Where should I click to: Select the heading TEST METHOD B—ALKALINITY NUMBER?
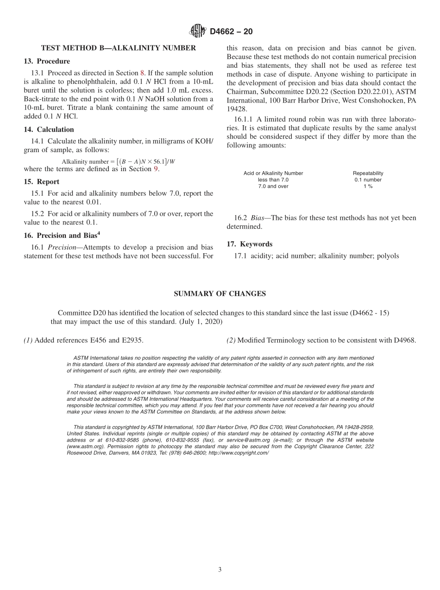pos(119,48)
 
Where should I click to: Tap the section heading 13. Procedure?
pos(47,61)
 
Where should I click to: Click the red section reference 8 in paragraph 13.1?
pos(142,73)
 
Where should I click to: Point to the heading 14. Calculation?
pos(49,129)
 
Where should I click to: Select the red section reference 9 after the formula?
pos(156,169)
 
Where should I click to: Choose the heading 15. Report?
pos(42,182)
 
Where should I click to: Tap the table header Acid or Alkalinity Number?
pos(273,173)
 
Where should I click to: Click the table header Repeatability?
pos(368,173)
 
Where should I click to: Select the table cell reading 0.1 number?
pos(368,180)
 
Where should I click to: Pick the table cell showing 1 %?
pos(368,186)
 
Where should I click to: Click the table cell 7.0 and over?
pos(273,186)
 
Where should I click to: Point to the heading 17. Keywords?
pos(249,244)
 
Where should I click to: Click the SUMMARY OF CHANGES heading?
pos(220,294)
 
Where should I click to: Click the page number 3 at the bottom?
pos(220,570)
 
